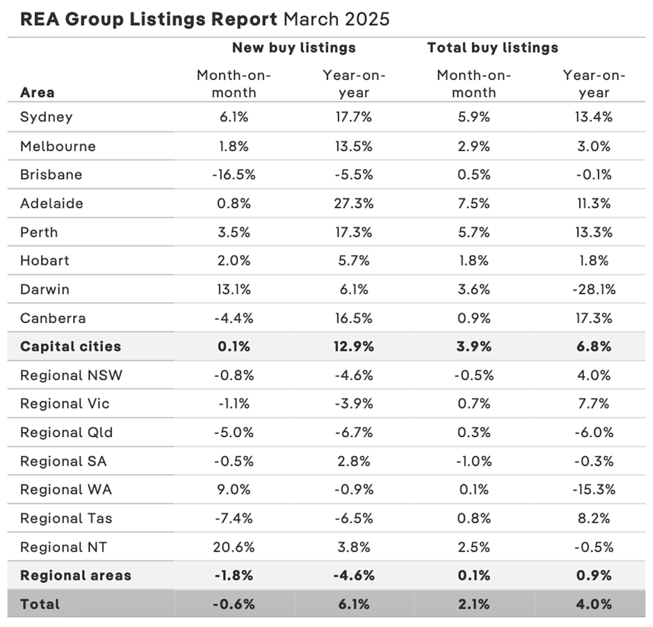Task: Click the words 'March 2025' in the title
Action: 337,19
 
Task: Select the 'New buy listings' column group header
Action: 294,48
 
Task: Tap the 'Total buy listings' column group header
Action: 493,48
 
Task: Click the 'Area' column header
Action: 37,93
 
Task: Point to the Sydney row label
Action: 46,117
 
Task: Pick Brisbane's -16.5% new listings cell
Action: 233,175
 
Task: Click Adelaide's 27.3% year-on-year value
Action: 354,203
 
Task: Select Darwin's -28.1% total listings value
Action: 594,290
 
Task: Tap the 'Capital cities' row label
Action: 70,346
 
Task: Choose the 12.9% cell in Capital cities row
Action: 354,346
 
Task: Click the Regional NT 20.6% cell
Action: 233,547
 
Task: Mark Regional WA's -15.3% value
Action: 594,490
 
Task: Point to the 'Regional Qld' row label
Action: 67,432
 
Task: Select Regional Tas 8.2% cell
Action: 594,518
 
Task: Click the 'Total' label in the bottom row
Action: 40,604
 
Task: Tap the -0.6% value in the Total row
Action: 233,604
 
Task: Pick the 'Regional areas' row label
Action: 76,576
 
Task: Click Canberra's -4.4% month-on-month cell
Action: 233,318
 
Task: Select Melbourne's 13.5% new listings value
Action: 354,146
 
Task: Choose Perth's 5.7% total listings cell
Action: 473,232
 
